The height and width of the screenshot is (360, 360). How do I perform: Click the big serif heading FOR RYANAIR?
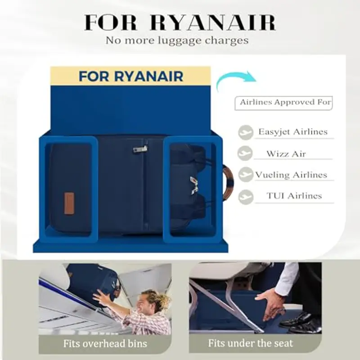180,22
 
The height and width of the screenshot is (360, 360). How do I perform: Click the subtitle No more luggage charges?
177,40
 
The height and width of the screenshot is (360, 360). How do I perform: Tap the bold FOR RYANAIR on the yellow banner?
131,76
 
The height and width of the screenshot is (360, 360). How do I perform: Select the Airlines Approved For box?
283,103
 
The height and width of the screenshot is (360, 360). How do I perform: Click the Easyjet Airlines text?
293,132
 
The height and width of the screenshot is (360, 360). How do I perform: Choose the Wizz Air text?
286,153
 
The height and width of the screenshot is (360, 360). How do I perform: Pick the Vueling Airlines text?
291,175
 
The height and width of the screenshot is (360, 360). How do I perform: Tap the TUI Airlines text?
294,196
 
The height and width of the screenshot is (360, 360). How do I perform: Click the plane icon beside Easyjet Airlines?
246,132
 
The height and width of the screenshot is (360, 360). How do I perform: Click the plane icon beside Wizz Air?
245,153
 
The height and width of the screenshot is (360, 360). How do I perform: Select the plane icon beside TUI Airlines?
246,197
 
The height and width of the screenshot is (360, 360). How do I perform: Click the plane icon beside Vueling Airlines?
245,175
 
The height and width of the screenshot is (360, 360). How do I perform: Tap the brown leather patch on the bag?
69,203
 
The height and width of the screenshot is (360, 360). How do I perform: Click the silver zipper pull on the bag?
140,149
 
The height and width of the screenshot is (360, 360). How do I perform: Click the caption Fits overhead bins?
105,344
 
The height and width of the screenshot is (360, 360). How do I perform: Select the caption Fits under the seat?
251,343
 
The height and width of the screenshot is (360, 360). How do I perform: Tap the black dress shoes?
300,323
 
